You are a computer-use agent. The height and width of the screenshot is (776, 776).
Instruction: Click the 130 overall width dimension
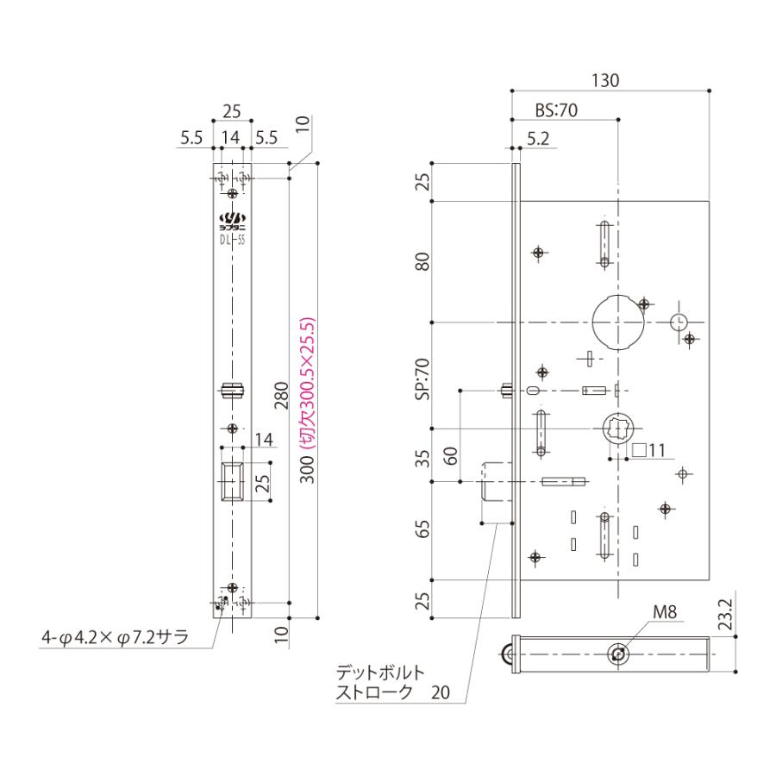click(608, 80)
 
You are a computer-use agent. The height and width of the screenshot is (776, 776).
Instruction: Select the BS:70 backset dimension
click(555, 110)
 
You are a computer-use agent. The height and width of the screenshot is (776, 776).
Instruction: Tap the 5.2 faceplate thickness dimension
click(536, 136)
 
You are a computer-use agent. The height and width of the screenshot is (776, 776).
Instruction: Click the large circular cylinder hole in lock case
click(618, 321)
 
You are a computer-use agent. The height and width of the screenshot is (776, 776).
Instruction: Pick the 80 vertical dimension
click(422, 261)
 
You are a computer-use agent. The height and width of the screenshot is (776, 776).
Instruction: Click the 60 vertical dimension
click(450, 454)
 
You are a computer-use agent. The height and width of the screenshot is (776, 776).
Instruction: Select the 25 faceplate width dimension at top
click(232, 110)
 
